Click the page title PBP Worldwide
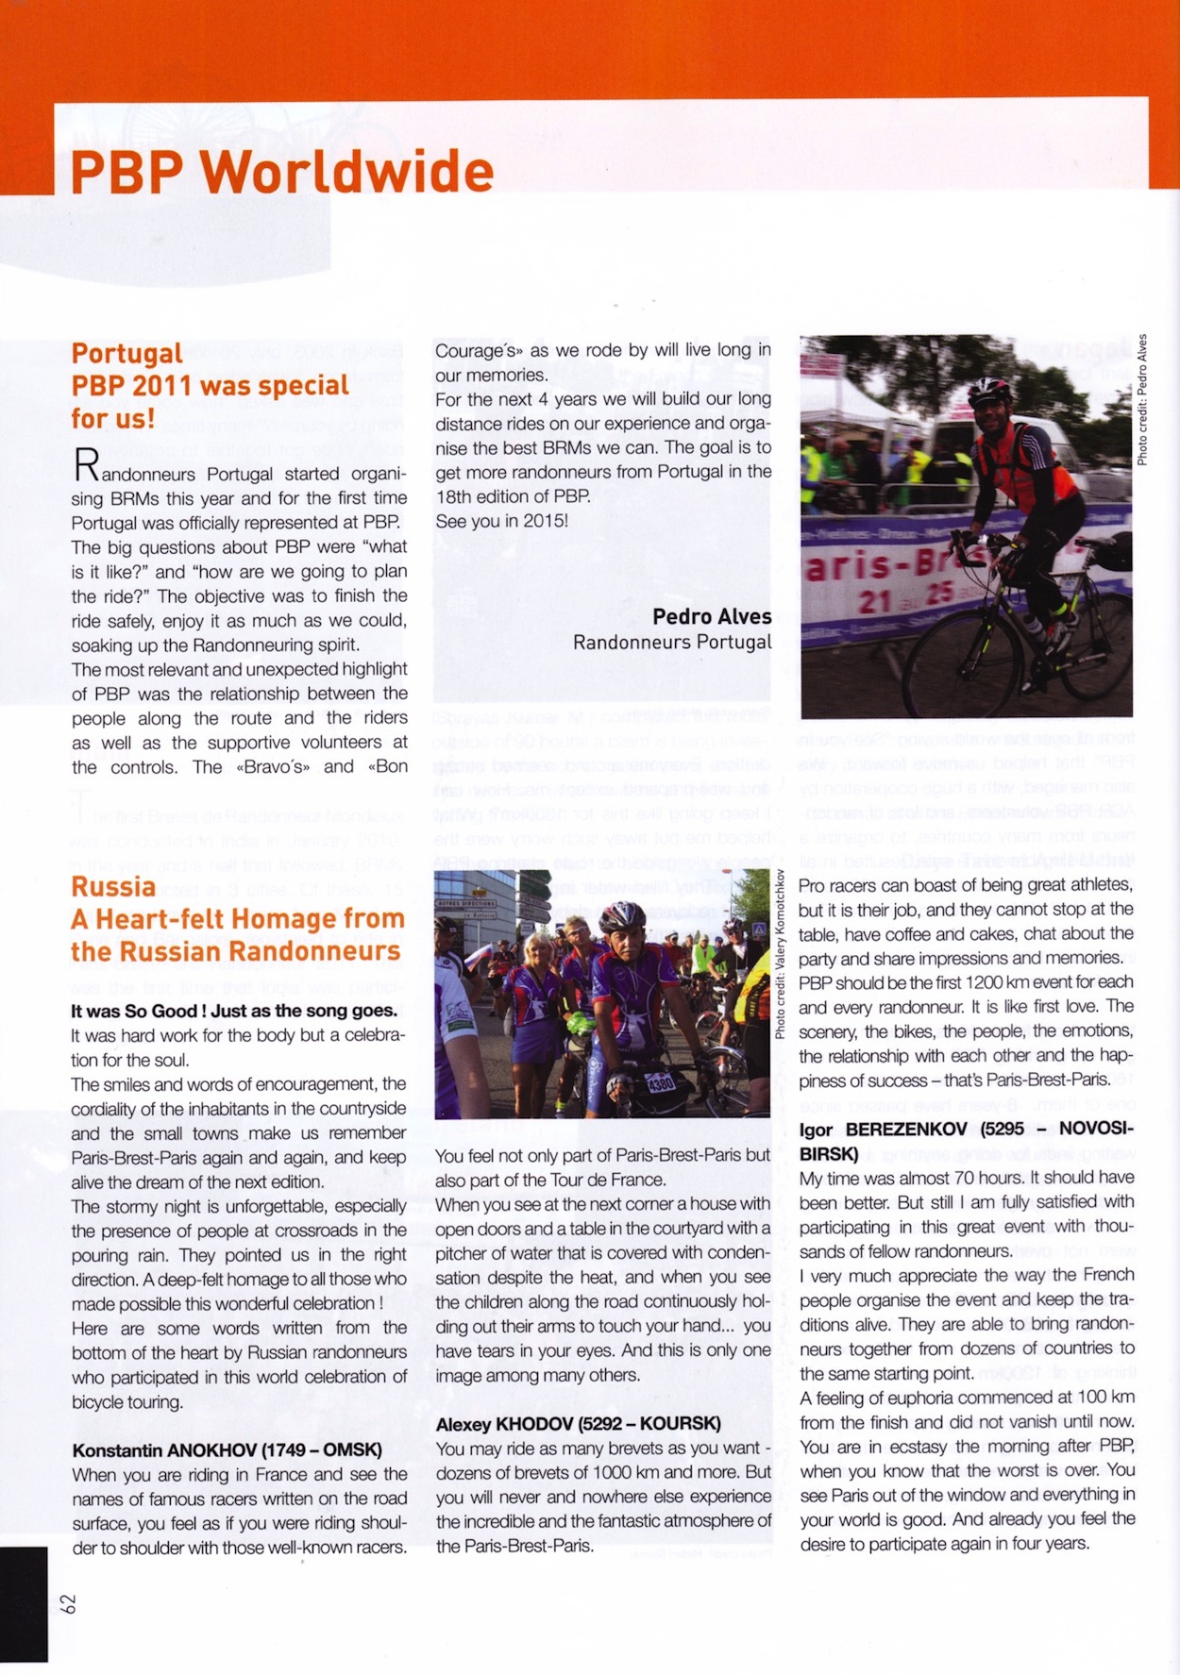click(281, 172)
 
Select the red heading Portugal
click(126, 353)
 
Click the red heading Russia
click(113, 886)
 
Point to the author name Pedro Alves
click(712, 616)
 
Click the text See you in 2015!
click(501, 521)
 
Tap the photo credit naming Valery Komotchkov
click(780, 953)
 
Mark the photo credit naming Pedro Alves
click(1142, 400)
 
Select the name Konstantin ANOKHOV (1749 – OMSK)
click(227, 1449)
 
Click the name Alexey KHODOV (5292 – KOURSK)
click(578, 1423)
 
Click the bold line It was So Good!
click(234, 1011)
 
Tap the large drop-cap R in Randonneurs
click(86, 465)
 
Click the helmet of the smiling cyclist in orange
click(988, 389)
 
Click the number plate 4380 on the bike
click(660, 1084)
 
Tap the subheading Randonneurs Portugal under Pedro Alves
click(671, 643)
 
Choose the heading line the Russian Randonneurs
click(237, 951)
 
